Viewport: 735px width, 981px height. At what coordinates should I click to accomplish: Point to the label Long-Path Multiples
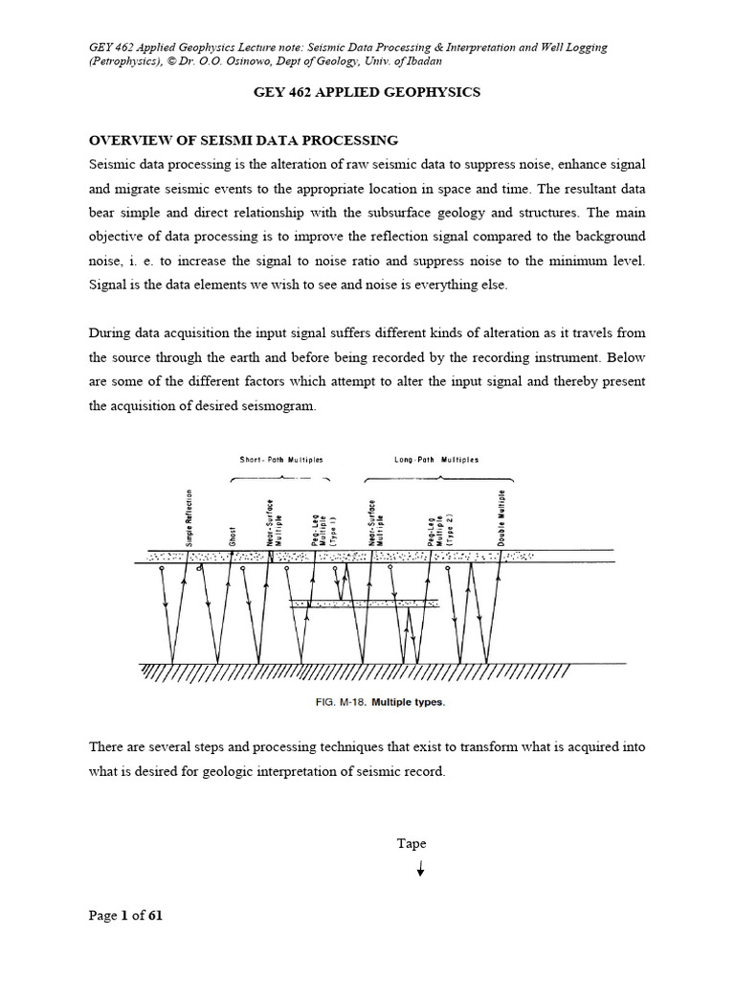pyautogui.click(x=436, y=460)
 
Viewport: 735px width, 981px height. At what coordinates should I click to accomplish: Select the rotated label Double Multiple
pyautogui.click(x=502, y=518)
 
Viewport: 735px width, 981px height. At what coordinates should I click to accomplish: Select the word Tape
pyautogui.click(x=412, y=844)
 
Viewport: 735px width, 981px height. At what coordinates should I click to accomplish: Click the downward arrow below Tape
pyautogui.click(x=419, y=870)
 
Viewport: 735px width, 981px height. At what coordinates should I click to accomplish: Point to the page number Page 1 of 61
pyautogui.click(x=125, y=916)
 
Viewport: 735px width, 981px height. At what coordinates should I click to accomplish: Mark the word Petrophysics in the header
pyautogui.click(x=125, y=61)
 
